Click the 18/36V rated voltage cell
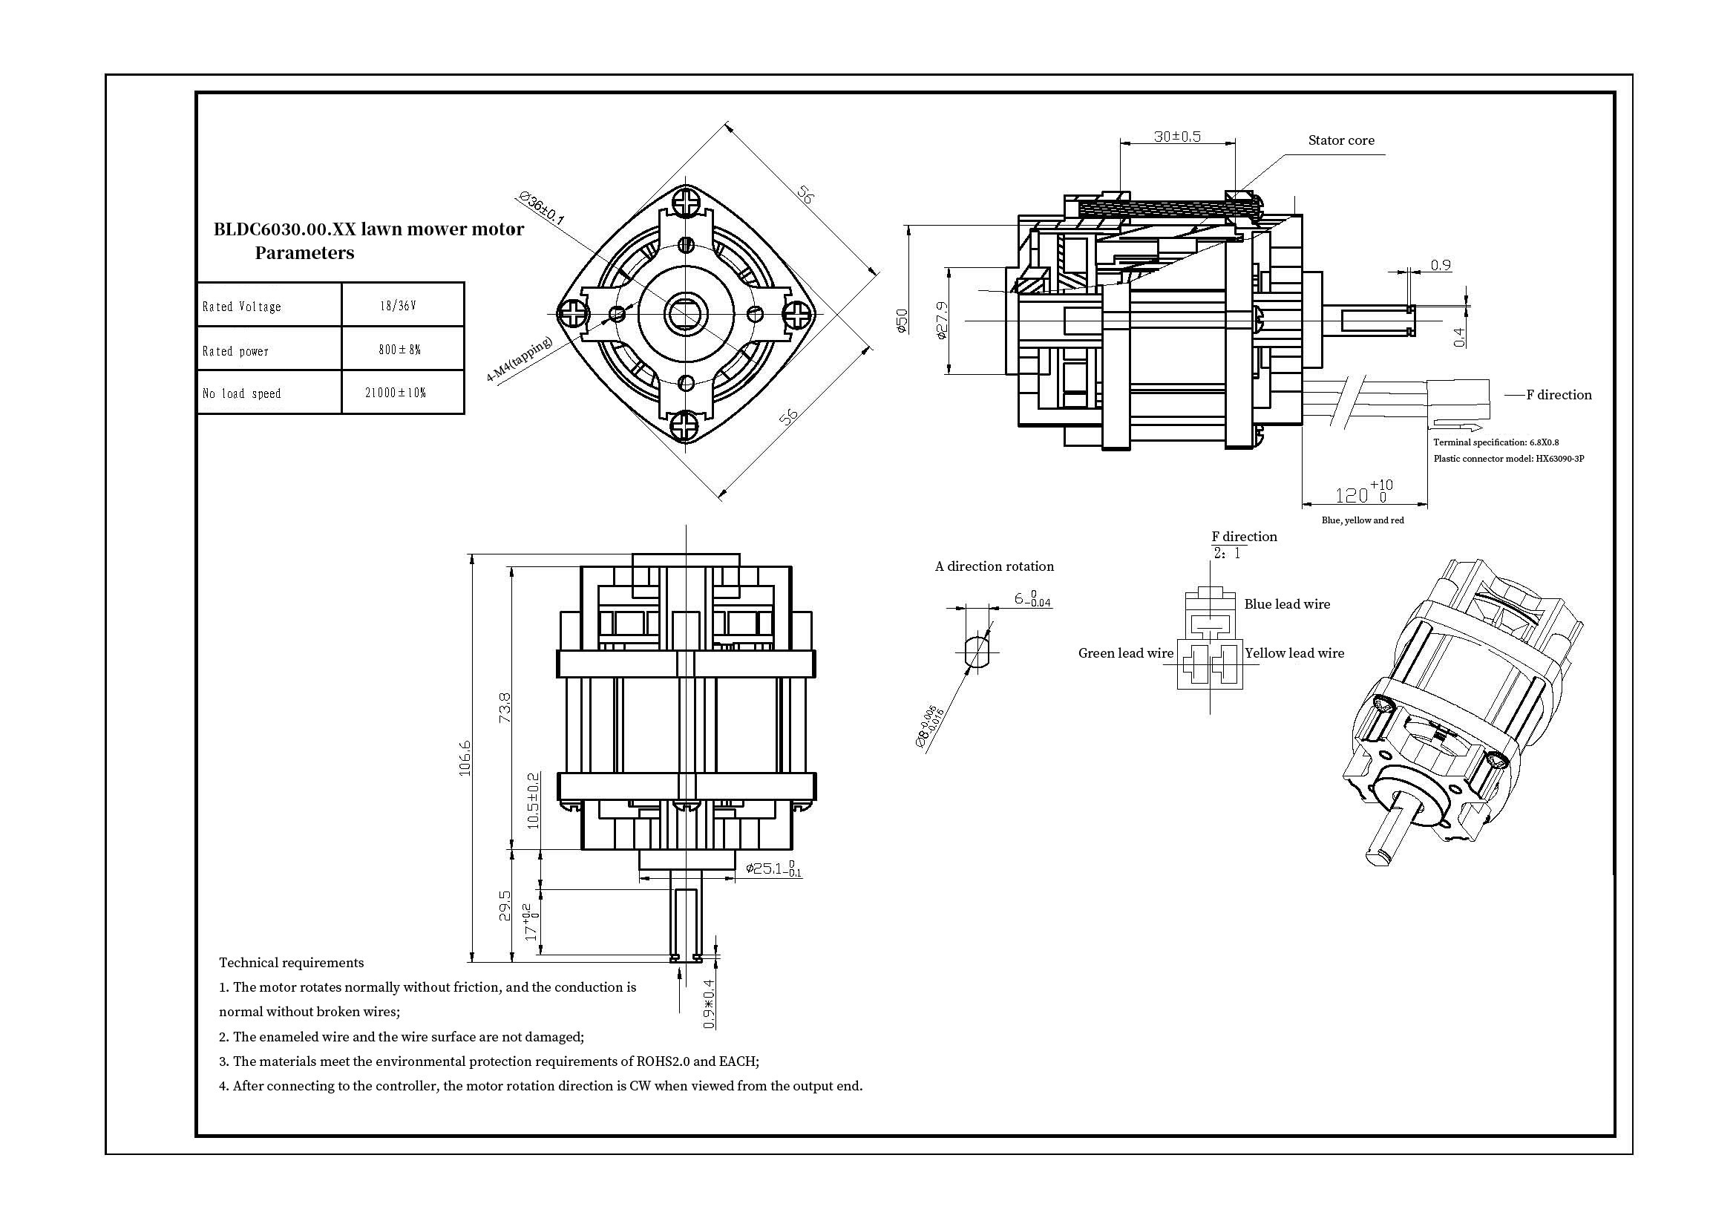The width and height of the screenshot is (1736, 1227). click(x=398, y=305)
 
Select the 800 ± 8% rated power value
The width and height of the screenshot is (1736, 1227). click(x=399, y=350)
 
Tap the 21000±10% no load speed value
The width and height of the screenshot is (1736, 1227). click(x=395, y=393)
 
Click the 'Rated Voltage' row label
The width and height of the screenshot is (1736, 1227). click(x=241, y=306)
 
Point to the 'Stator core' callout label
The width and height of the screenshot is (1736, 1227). click(x=1341, y=140)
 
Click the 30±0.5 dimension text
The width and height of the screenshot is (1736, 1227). click(x=1177, y=137)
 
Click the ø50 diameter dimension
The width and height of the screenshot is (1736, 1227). click(x=901, y=321)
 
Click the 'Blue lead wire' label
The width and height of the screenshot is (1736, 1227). click(x=1287, y=604)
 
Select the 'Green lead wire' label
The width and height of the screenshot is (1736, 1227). click(x=1126, y=653)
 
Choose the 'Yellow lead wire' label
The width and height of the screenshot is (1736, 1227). click(x=1294, y=653)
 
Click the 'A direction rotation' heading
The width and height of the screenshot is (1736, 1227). click(x=995, y=566)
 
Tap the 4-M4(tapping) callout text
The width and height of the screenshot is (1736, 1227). click(x=520, y=359)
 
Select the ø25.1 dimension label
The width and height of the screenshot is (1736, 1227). click(x=773, y=868)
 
